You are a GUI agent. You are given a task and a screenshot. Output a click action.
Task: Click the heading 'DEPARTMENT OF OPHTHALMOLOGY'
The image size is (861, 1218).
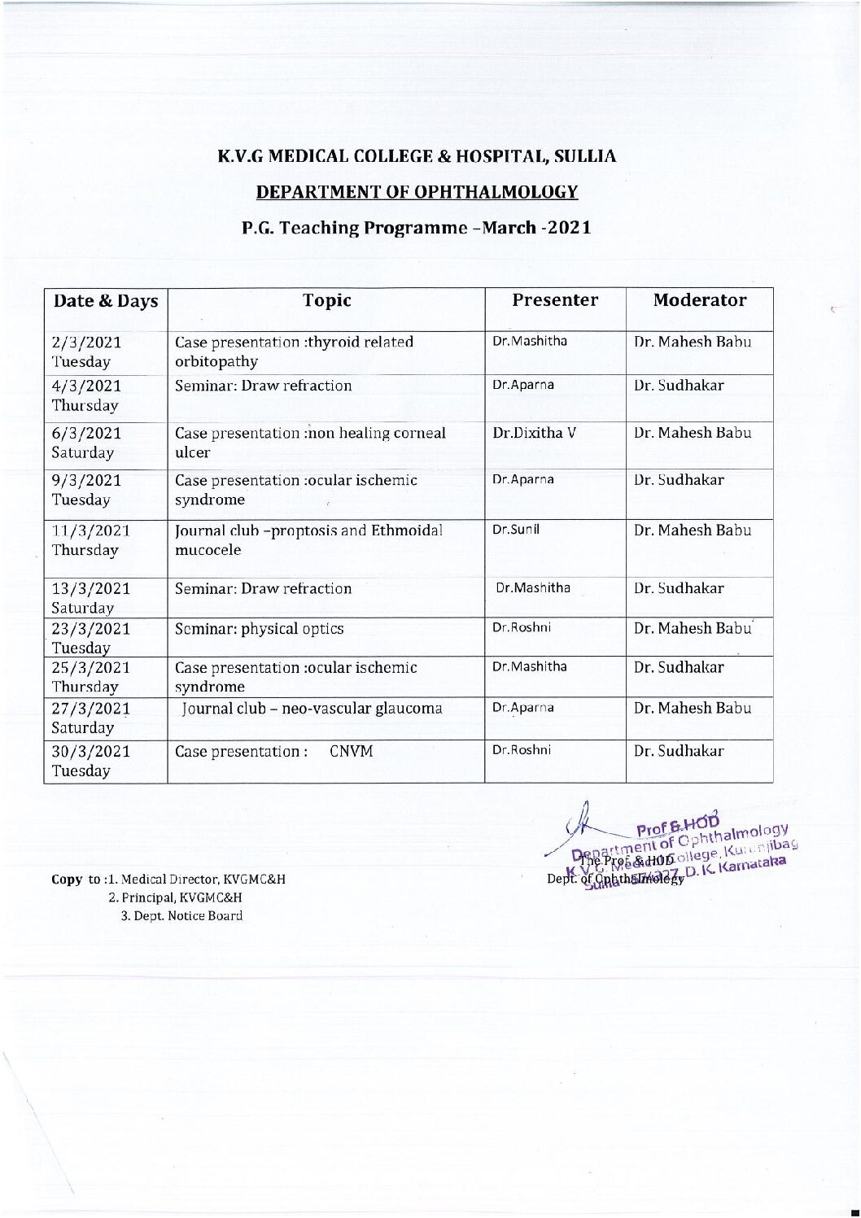pyautogui.click(x=417, y=192)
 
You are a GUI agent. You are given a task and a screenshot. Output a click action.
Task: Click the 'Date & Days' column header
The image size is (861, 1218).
pyautogui.click(x=105, y=301)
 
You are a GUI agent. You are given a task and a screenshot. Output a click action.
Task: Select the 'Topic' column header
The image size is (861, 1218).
pyautogui.click(x=326, y=301)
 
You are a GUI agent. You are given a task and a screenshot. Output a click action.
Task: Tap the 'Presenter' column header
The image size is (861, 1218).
pyautogui.click(x=555, y=300)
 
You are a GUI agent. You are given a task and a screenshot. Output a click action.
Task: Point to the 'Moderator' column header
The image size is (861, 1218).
pyautogui.click(x=699, y=300)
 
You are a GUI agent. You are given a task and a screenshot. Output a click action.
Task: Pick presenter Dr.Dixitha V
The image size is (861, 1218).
pyautogui.click(x=534, y=433)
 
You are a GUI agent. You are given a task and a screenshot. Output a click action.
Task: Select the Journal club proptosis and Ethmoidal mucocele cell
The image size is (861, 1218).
pyautogui.click(x=309, y=539)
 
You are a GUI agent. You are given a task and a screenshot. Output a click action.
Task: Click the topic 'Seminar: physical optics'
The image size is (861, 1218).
pyautogui.click(x=260, y=629)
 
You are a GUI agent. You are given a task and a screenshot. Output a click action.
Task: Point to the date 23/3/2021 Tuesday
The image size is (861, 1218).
pyautogui.click(x=90, y=638)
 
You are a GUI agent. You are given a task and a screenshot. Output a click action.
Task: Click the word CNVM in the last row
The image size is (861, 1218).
pyautogui.click(x=352, y=751)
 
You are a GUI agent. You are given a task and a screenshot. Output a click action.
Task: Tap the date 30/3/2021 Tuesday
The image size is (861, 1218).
pyautogui.click(x=90, y=760)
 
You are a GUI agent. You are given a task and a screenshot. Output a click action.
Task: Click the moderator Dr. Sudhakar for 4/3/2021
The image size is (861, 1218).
pyautogui.click(x=679, y=386)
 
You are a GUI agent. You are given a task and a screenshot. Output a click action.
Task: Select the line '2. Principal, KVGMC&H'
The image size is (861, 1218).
pyautogui.click(x=175, y=897)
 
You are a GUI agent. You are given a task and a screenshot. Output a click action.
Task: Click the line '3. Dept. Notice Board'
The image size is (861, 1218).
pyautogui.click(x=181, y=915)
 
